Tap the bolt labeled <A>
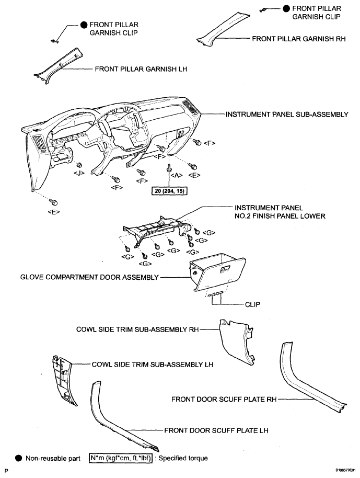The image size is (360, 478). pyautogui.click(x=168, y=167)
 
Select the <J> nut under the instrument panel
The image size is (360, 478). pyautogui.click(x=78, y=165)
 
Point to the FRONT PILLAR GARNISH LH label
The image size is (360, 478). pyautogui.click(x=141, y=69)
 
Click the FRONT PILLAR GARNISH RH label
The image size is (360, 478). pyautogui.click(x=299, y=39)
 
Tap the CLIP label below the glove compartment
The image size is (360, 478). pyautogui.click(x=253, y=304)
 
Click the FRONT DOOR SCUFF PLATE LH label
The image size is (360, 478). pyautogui.click(x=216, y=430)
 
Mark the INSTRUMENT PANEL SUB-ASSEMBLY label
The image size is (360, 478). pyautogui.click(x=287, y=115)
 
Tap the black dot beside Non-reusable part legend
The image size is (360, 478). pyautogui.click(x=19, y=458)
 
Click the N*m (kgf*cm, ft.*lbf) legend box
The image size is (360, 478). pyautogui.click(x=121, y=458)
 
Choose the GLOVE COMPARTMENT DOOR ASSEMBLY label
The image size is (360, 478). pyautogui.click(x=89, y=277)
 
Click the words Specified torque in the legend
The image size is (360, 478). pyautogui.click(x=183, y=458)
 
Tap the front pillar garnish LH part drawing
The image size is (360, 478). pyautogui.click(x=59, y=65)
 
